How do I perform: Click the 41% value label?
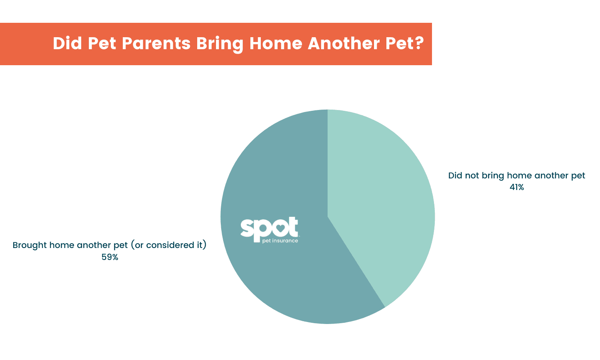pyautogui.click(x=516, y=187)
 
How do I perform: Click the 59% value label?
pyautogui.click(x=110, y=257)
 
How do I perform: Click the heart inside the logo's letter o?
pyautogui.click(x=280, y=228)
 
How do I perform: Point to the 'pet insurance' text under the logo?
pyautogui.click(x=280, y=241)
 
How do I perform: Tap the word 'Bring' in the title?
pyautogui.click(x=220, y=43)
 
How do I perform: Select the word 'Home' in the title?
pyautogui.click(x=275, y=43)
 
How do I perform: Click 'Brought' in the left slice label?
pyautogui.click(x=29, y=245)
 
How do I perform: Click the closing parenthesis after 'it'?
pyautogui.click(x=205, y=245)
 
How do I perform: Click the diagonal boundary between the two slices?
pyautogui.click(x=356, y=262)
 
